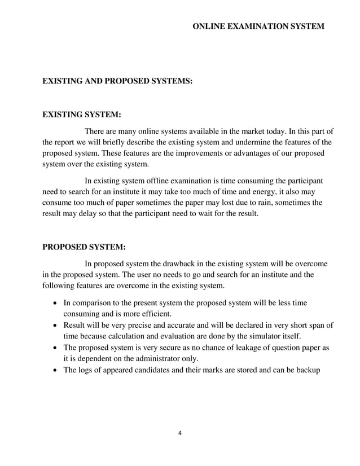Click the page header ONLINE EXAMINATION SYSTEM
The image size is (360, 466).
click(x=258, y=27)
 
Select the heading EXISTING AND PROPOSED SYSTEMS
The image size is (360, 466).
click(x=118, y=82)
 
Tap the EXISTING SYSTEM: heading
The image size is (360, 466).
click(x=82, y=115)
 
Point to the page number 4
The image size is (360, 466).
click(x=179, y=434)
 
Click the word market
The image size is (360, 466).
click(x=263, y=131)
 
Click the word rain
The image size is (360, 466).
click(x=249, y=203)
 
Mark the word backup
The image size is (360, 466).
click(x=308, y=370)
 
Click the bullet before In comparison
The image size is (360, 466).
click(x=54, y=303)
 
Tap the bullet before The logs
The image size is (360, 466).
click(x=54, y=370)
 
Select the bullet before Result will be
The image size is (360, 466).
click(x=54, y=326)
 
